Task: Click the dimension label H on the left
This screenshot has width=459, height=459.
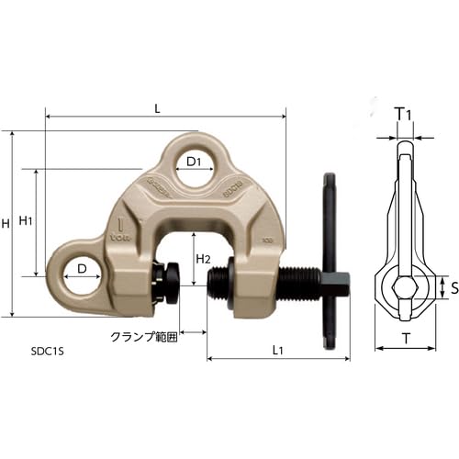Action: pos(6,224)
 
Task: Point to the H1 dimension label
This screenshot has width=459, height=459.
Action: pos(26,221)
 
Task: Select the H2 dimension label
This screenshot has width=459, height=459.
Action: pos(204,259)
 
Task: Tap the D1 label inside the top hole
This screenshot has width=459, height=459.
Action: pos(195,162)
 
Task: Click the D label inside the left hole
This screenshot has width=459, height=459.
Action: pos(83,270)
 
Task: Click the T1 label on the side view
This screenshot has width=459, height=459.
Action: pos(402,114)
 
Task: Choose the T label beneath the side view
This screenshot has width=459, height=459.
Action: pos(405,339)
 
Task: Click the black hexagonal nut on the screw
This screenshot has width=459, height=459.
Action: pos(332,278)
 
